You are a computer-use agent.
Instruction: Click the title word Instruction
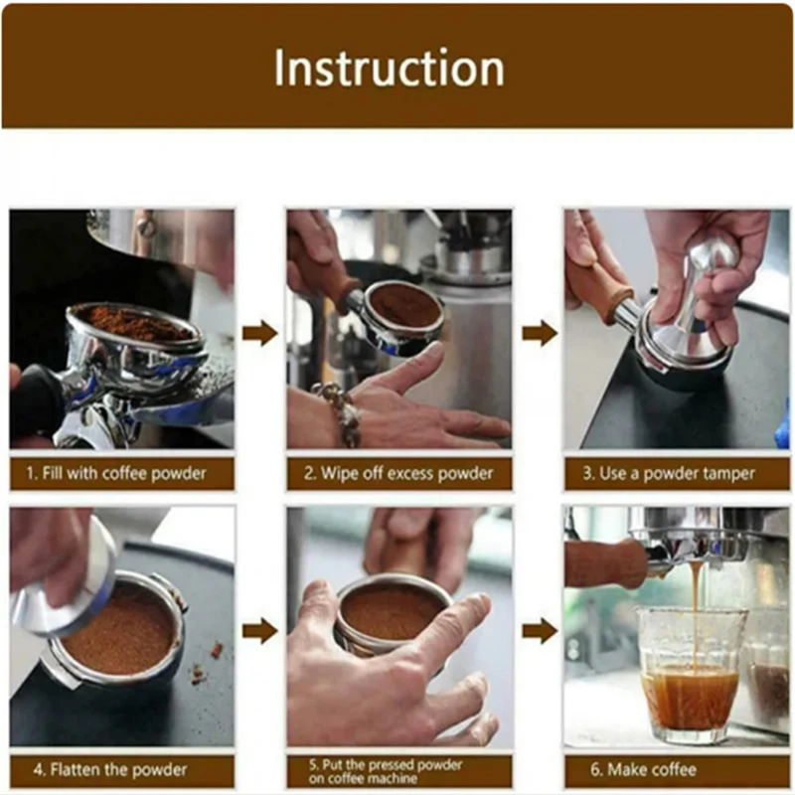pos(389,68)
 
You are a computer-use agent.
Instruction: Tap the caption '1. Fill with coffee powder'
pos(116,474)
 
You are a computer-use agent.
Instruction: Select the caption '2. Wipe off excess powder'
pos(398,474)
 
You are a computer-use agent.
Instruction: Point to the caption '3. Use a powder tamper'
pos(669,474)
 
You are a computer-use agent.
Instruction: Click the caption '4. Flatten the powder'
pos(110,770)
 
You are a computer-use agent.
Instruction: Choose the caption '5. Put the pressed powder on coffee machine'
pos(386,771)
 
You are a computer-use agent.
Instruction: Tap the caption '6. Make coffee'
pos(643,769)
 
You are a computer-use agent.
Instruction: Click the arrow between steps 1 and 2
pos(260,333)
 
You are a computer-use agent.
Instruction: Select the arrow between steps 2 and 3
pos(540,333)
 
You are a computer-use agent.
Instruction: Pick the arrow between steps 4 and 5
pos(260,631)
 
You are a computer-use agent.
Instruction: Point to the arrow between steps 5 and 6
pos(540,631)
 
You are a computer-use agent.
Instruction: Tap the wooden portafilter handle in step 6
pos(606,563)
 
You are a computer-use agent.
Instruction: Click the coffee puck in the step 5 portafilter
pos(391,612)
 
